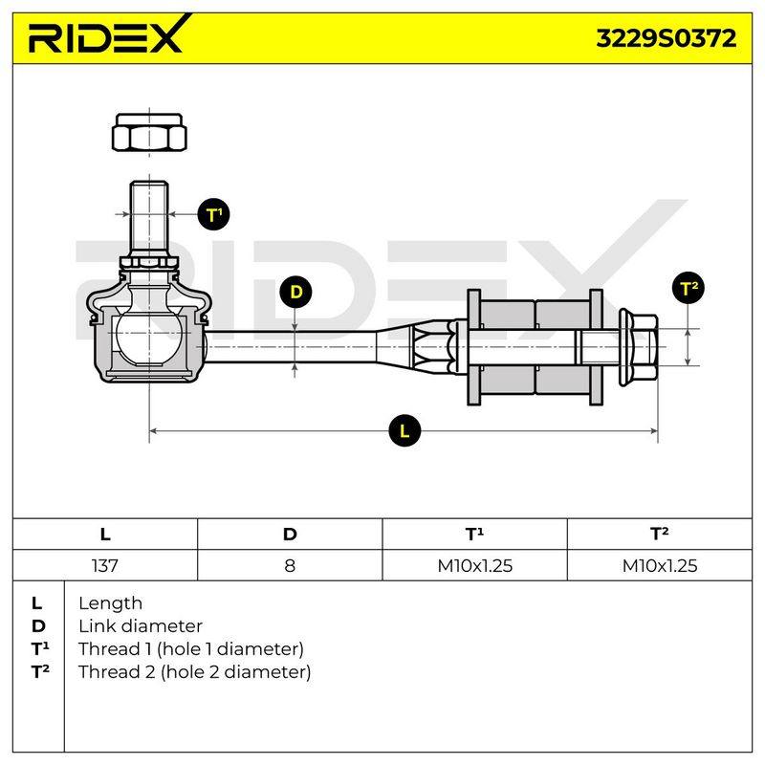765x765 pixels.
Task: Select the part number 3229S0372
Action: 666,38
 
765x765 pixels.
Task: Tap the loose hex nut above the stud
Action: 149,132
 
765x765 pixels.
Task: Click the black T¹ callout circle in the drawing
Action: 213,214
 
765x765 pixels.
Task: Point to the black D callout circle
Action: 295,292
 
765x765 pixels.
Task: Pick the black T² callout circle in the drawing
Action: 688,288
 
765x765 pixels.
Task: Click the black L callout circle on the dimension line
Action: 404,431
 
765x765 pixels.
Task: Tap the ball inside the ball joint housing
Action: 149,338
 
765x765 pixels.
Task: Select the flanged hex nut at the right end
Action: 638,347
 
